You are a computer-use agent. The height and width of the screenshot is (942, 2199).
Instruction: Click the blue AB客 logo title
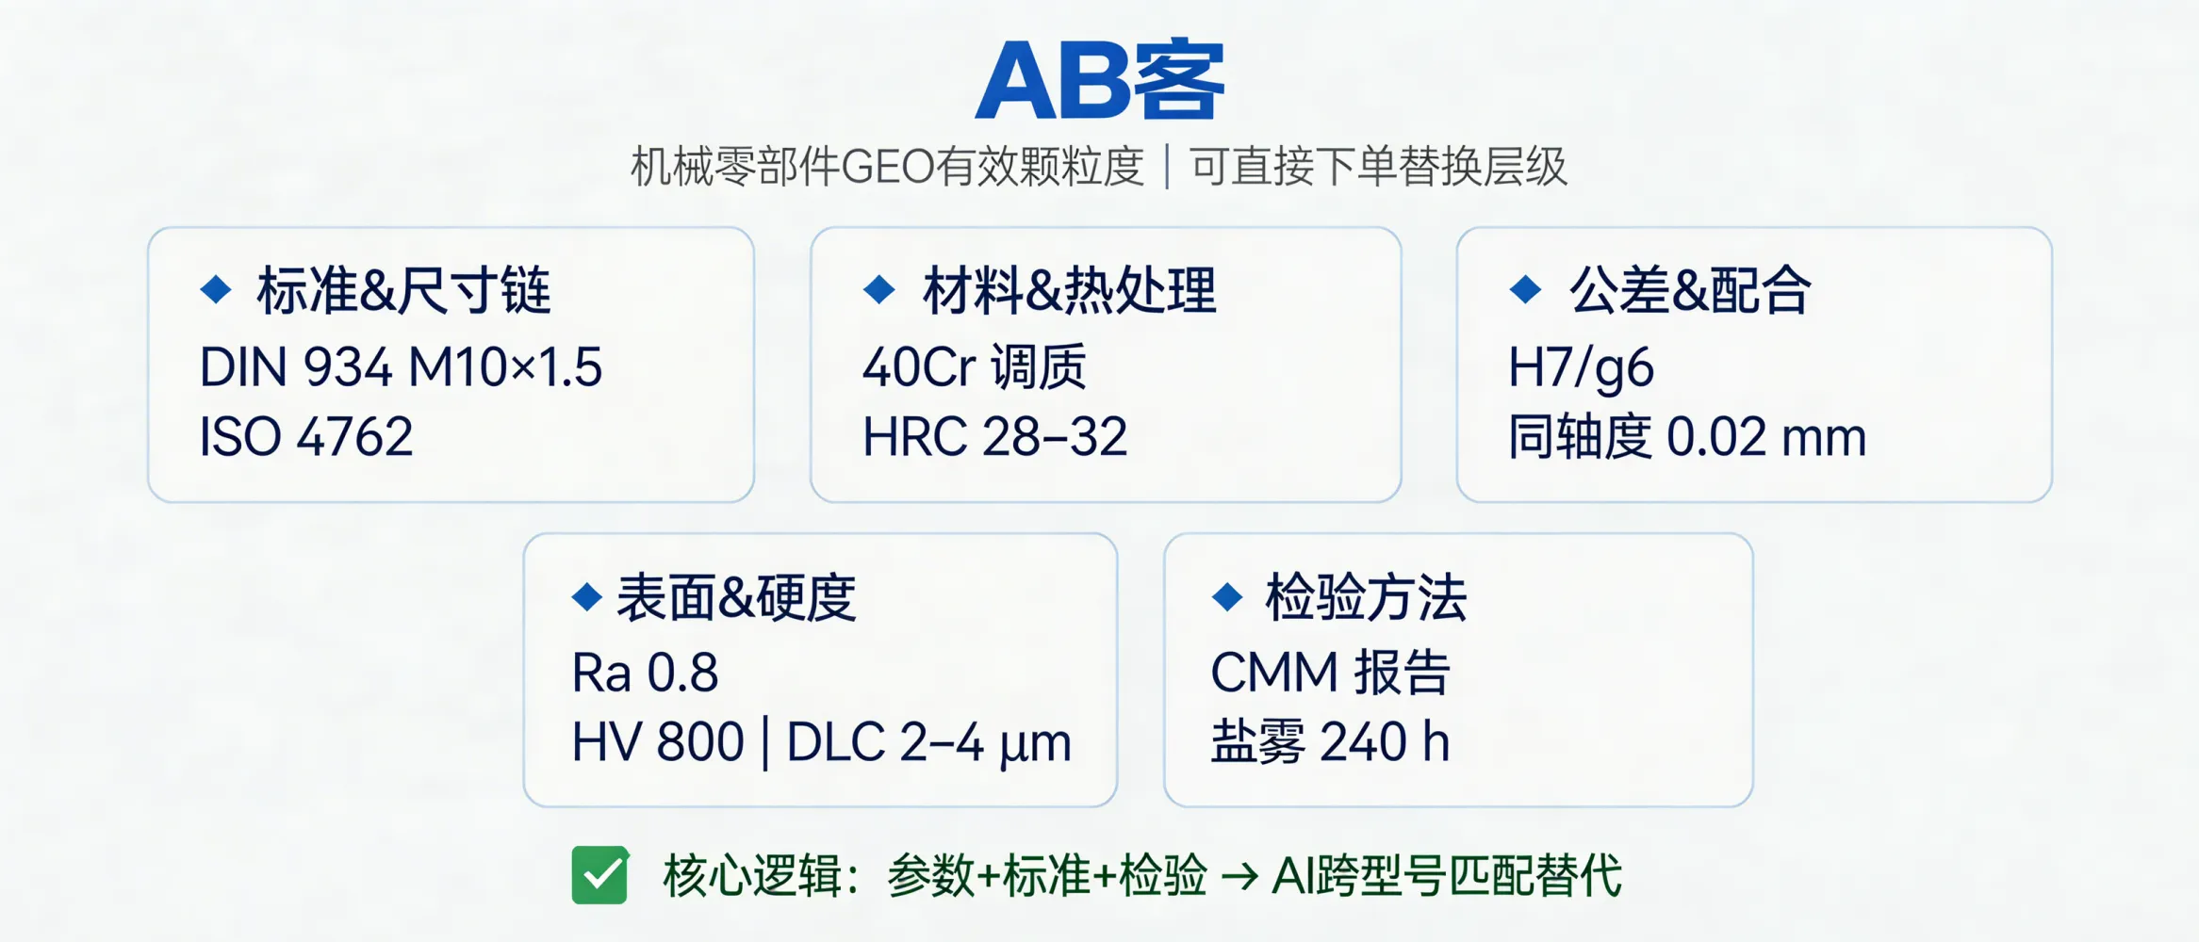click(1099, 81)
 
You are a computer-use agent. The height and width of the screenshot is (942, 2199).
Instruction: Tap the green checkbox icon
click(599, 875)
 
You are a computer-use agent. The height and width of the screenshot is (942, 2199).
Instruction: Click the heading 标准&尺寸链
click(403, 290)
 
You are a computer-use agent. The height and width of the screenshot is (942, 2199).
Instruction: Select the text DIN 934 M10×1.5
click(401, 367)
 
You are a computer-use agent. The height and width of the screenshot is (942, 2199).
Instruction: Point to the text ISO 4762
click(306, 437)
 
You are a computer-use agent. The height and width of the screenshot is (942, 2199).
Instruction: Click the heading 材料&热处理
click(1069, 290)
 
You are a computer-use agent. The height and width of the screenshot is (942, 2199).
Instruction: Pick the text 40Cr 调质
click(975, 367)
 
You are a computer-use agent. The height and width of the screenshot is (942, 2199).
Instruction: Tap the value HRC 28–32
click(994, 437)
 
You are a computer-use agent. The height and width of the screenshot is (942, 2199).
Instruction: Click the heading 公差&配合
click(1689, 290)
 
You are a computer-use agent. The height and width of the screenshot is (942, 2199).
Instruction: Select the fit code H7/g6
click(1581, 367)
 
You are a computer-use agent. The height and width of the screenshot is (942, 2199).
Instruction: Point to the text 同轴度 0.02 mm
click(1687, 437)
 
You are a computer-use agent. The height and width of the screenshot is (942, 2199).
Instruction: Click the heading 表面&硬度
click(736, 597)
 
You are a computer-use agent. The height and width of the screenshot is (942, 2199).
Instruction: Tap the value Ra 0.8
click(645, 674)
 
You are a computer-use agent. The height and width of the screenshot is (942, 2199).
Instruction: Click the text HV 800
click(658, 742)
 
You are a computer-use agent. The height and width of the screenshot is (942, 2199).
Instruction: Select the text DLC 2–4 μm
click(928, 742)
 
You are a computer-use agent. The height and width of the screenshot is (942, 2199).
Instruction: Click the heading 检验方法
click(1366, 597)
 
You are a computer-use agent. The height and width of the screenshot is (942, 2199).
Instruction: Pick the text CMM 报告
click(1330, 674)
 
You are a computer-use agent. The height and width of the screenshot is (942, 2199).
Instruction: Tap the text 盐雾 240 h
click(1330, 742)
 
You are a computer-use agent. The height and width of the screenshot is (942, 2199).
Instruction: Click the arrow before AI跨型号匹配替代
click(1239, 877)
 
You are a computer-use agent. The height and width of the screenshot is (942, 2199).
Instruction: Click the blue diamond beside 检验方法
click(1227, 596)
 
